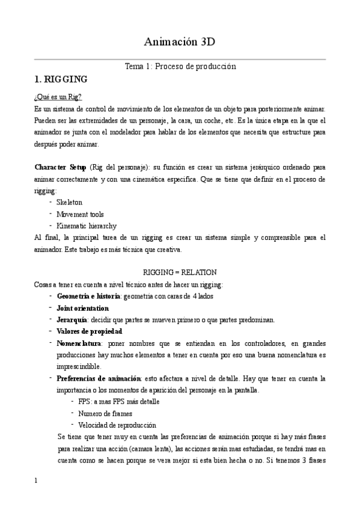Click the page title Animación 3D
(x=180, y=41)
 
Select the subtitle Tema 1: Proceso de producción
(x=180, y=66)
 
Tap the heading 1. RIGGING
(x=61, y=79)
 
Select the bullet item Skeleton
(x=69, y=203)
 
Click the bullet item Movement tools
(x=80, y=214)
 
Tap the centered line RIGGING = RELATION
(x=180, y=272)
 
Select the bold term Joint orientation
(x=83, y=308)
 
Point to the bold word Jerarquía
(x=72, y=319)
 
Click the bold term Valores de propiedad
(x=90, y=331)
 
